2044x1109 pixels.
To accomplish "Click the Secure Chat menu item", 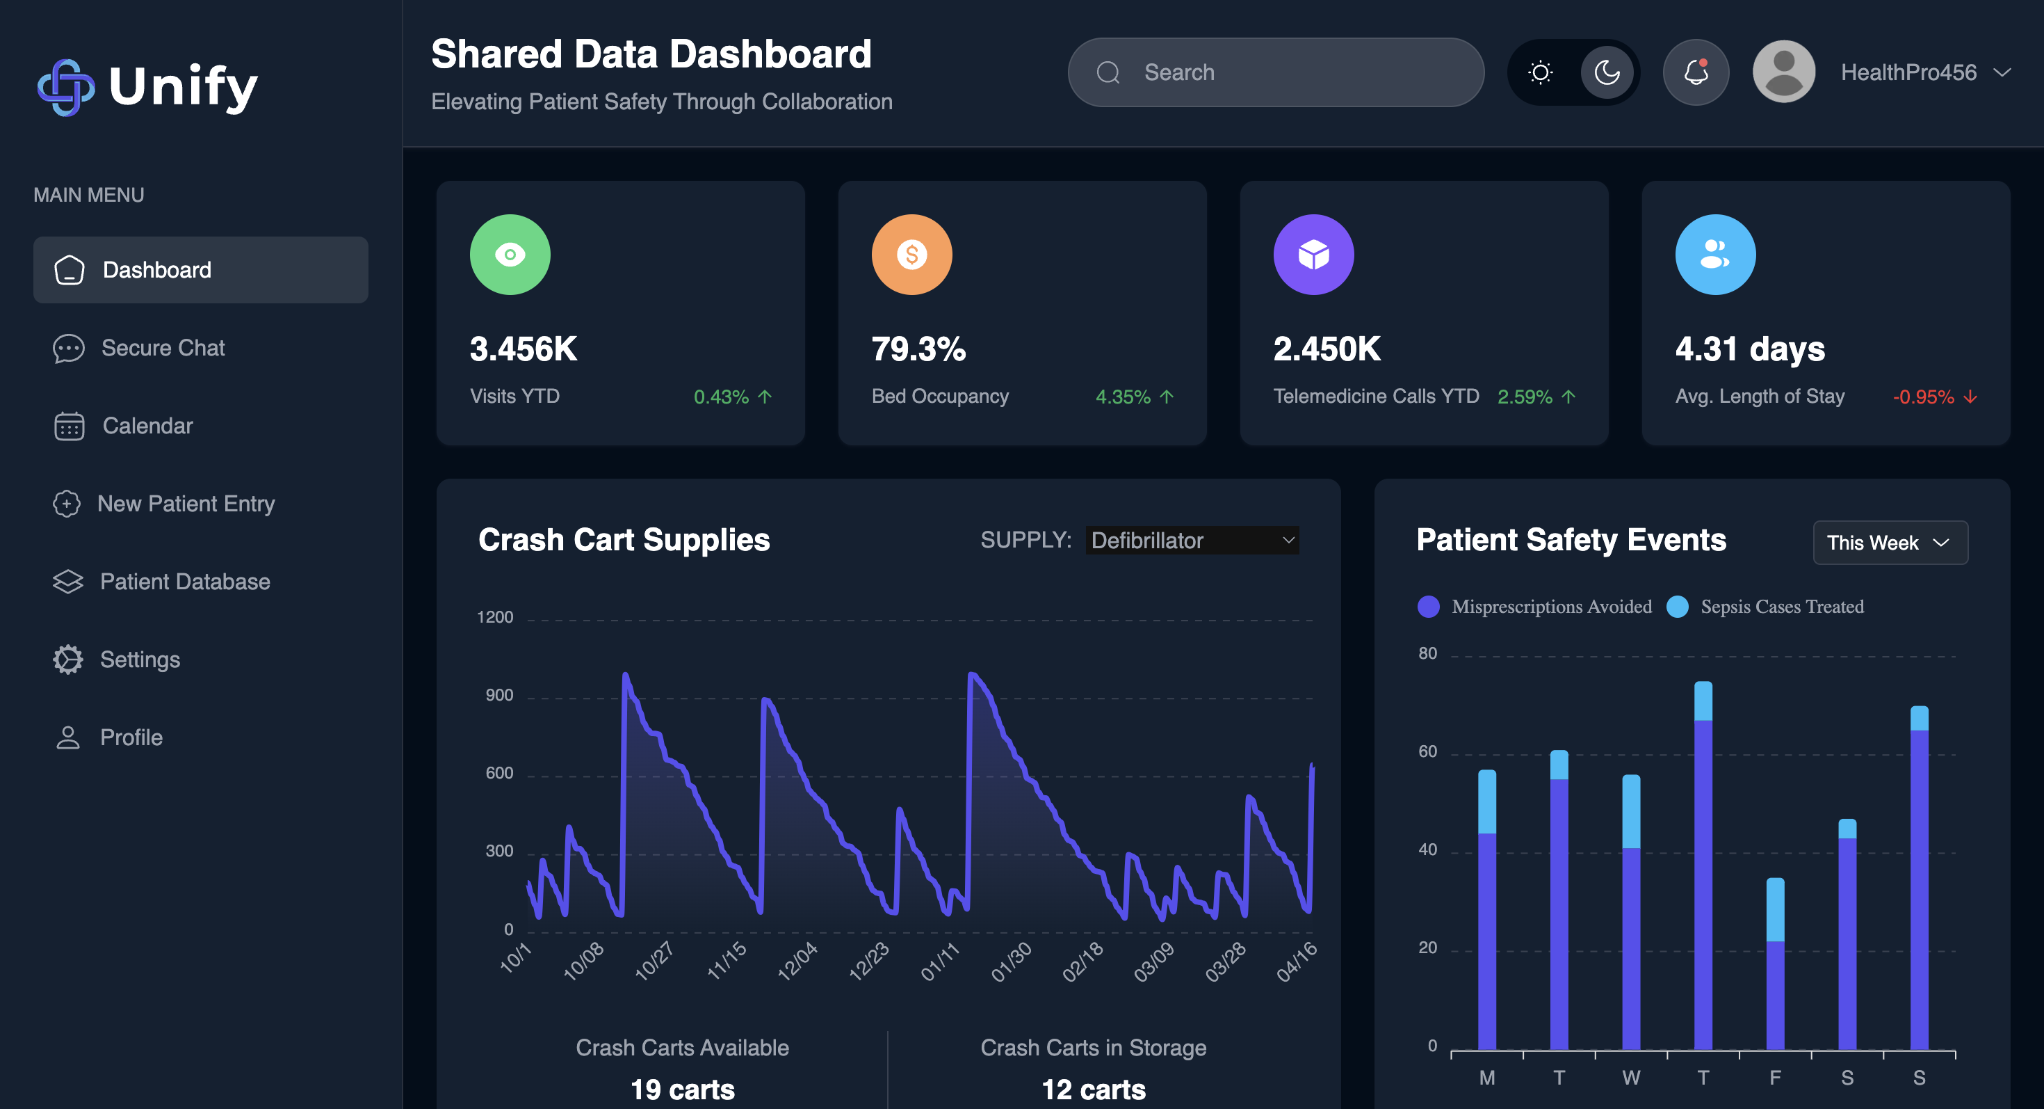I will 162,348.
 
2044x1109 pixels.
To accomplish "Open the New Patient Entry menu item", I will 185,503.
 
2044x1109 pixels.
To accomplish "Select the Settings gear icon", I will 68,660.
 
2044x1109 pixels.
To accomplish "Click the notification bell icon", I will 1696,72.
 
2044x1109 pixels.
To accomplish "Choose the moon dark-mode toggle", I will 1607,72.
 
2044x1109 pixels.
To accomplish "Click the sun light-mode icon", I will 1540,72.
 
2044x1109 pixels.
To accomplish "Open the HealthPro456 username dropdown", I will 1925,72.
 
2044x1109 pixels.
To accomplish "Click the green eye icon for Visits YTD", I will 510,255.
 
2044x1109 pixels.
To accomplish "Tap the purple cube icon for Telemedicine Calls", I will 1313,255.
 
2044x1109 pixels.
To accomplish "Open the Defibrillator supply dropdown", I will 1192,541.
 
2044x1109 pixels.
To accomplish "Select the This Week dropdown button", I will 1889,543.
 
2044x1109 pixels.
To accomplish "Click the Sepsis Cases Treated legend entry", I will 1781,607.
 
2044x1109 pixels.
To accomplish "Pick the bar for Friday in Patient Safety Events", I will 1775,964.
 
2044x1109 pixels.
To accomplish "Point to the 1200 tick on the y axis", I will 495,618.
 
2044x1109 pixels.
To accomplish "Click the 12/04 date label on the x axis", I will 797,962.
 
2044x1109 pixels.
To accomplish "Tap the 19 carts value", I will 683,1089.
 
